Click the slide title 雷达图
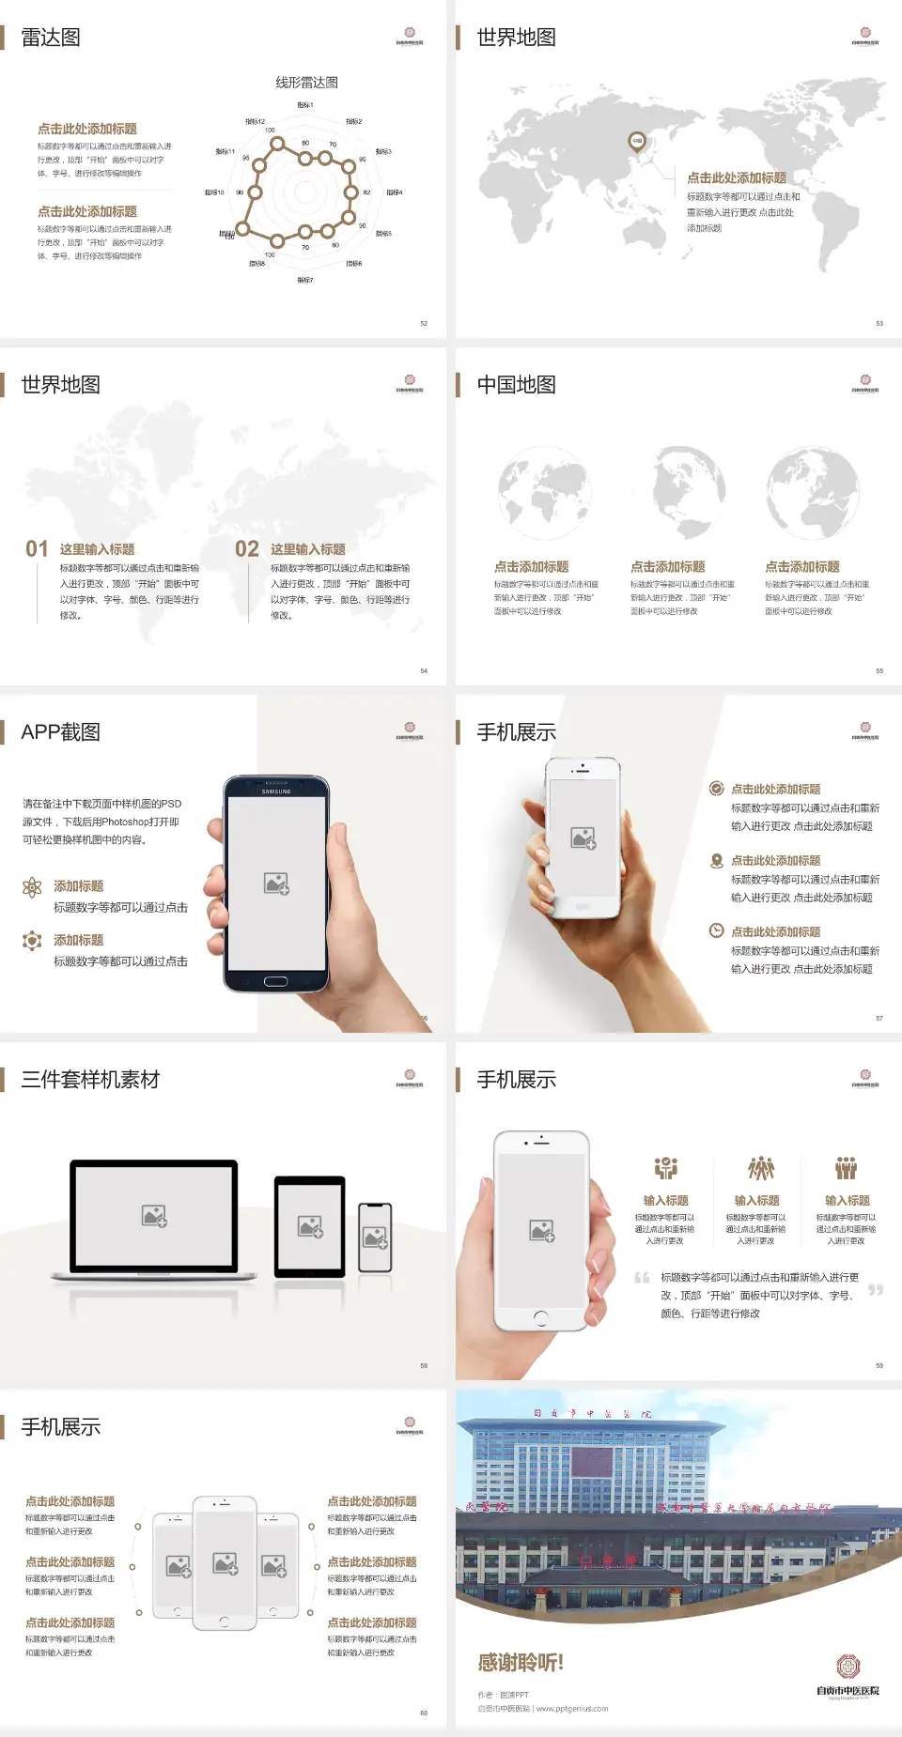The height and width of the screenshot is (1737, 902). [51, 38]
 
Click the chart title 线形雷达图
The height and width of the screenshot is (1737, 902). [306, 83]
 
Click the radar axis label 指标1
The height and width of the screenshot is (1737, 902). [305, 105]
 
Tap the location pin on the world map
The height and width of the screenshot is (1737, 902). [637, 142]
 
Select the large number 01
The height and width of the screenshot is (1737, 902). [37, 549]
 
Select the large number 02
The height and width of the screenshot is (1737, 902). [247, 549]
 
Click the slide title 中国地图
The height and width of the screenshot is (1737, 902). [516, 385]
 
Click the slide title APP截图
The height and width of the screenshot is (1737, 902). [60, 732]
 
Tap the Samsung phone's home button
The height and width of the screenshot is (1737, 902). [275, 981]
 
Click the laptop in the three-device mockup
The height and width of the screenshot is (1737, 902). [154, 1218]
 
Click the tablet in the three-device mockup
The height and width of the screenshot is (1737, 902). [309, 1225]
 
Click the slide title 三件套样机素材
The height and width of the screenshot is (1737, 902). [90, 1080]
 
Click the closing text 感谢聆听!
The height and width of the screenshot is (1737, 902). [521, 1663]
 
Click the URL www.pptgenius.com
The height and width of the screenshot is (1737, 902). [572, 1709]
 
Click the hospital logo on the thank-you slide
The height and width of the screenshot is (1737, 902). [848, 1667]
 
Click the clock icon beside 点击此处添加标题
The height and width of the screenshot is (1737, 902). [716, 930]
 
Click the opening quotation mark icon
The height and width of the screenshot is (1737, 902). [642, 1277]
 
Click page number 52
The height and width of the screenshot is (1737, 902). [424, 323]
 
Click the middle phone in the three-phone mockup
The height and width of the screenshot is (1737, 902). [225, 1562]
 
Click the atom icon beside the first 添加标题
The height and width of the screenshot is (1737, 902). [32, 887]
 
